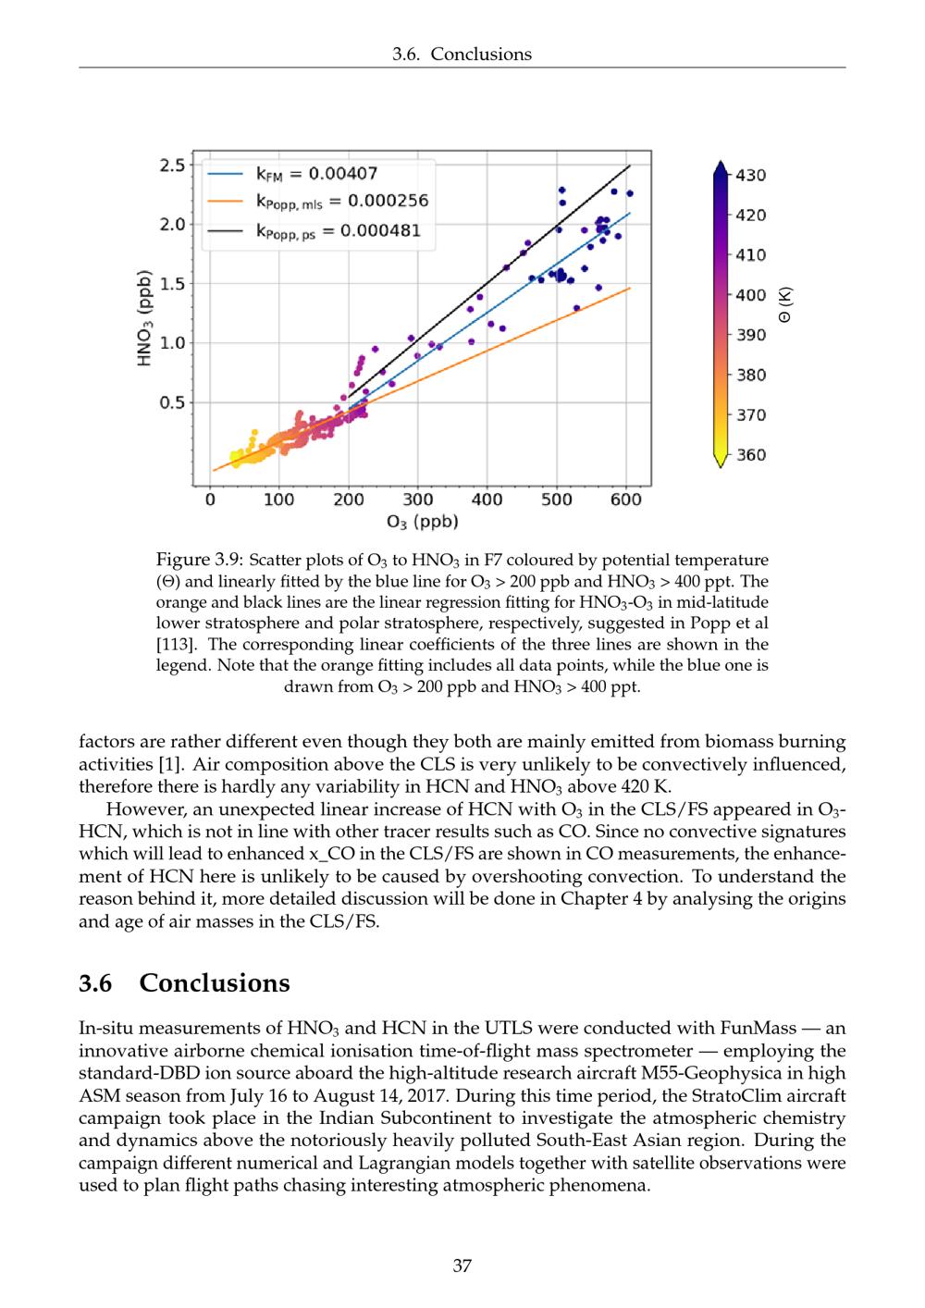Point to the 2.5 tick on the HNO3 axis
click(173, 166)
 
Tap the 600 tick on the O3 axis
click(626, 500)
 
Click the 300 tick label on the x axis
click(418, 500)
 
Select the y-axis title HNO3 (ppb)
click(143, 318)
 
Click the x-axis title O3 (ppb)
click(422, 522)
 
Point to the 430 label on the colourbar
click(750, 175)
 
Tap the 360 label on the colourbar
click(750, 454)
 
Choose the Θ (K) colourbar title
click(785, 305)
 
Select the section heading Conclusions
click(215, 982)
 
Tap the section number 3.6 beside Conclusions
click(95, 982)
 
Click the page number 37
click(462, 1265)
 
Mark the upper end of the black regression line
click(630, 166)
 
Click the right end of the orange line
click(630, 288)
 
